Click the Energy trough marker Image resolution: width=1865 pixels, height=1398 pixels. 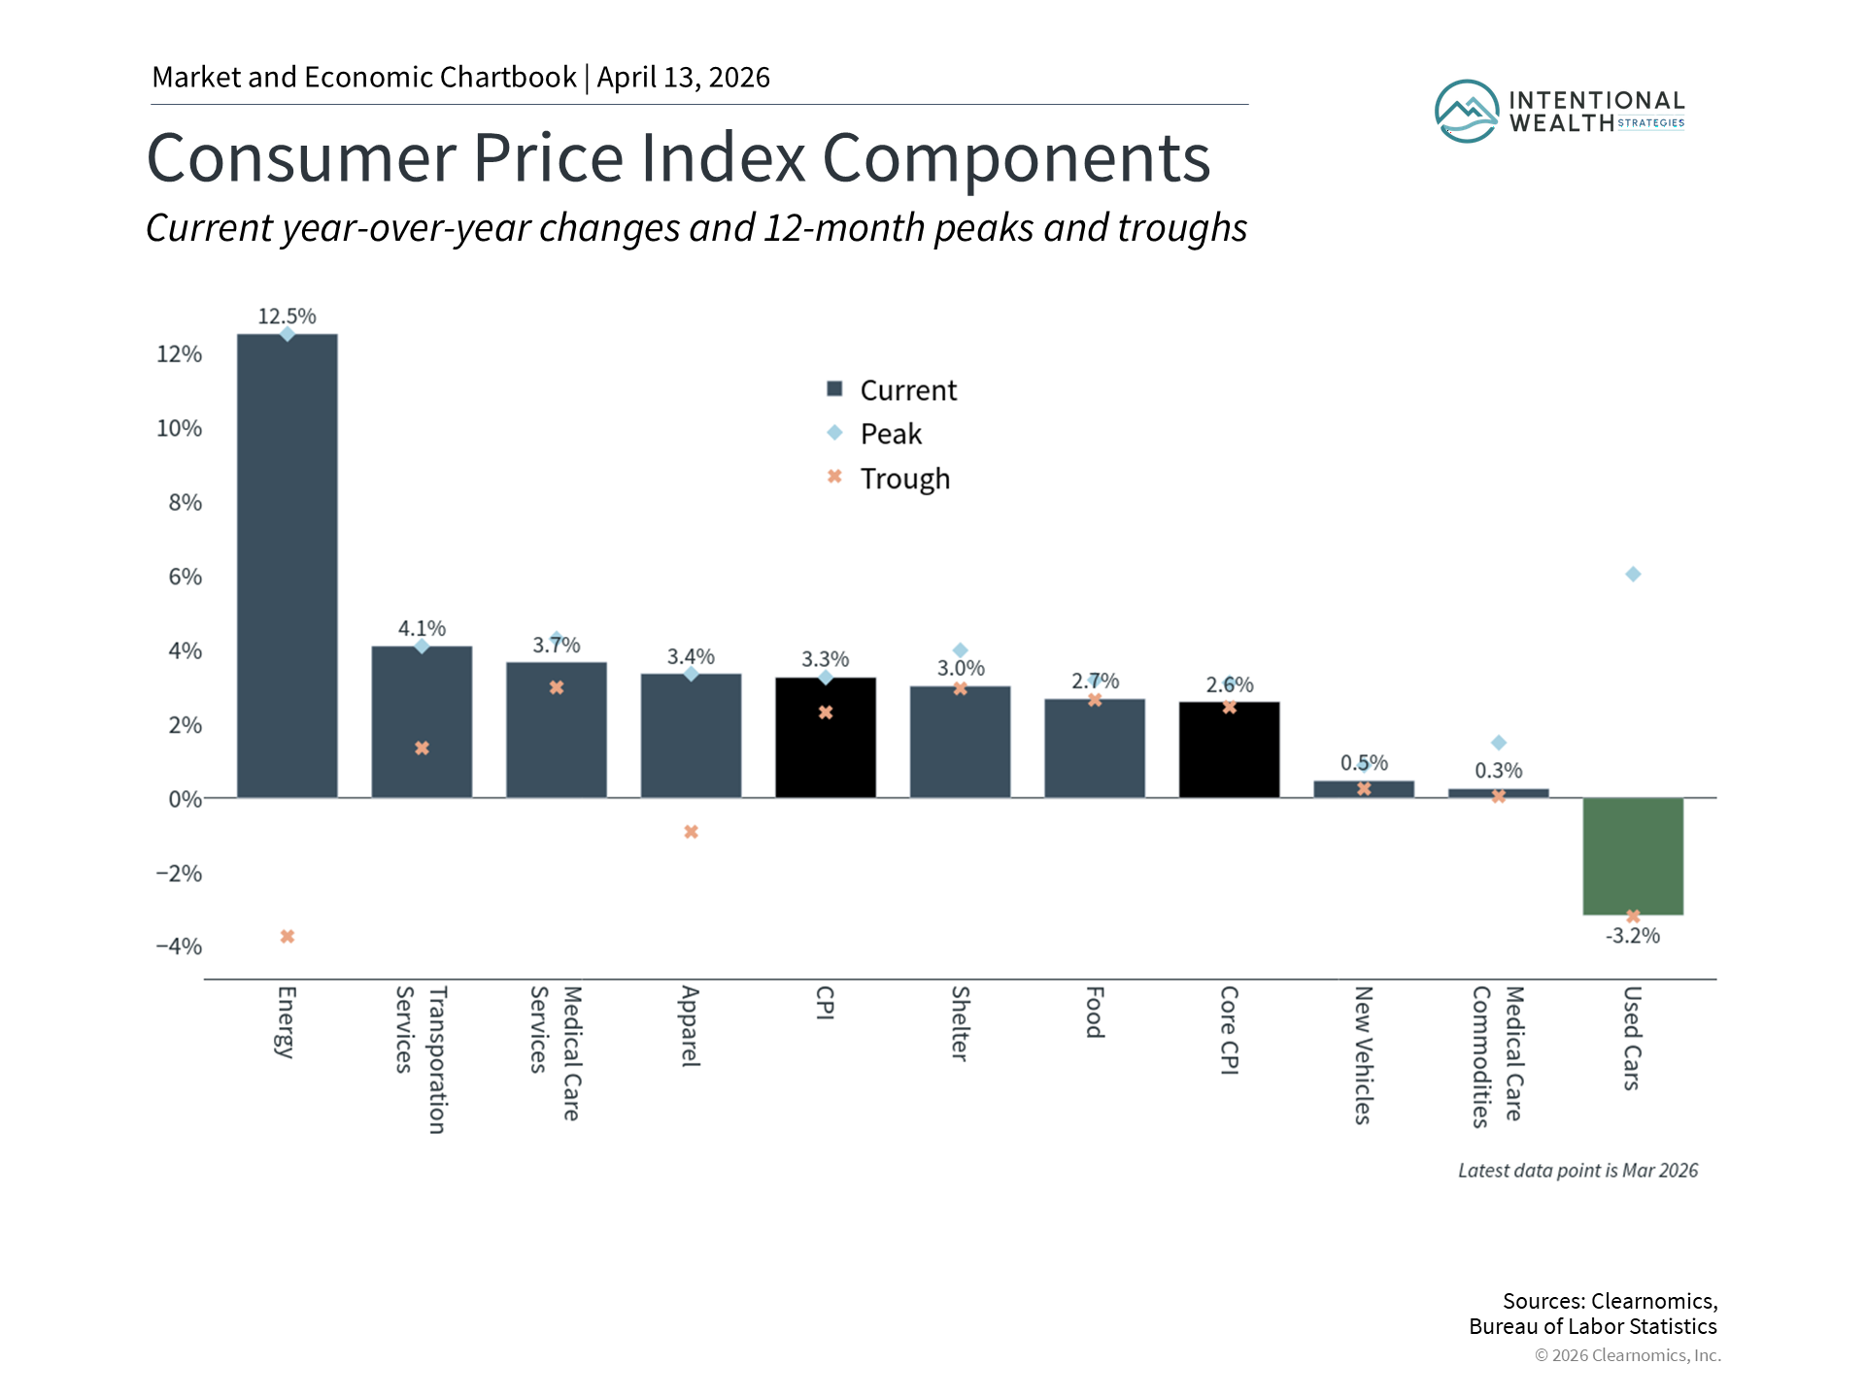(x=288, y=937)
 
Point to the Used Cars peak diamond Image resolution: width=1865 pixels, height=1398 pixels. (x=1633, y=575)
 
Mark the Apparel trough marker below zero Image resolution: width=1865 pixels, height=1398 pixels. (x=691, y=832)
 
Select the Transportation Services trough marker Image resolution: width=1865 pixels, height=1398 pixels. (x=422, y=749)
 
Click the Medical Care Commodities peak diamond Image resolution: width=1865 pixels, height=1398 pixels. (x=1499, y=743)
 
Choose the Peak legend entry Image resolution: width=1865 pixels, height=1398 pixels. (x=891, y=434)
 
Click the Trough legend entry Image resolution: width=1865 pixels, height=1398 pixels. (x=904, y=479)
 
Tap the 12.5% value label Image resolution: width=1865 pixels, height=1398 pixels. (x=287, y=316)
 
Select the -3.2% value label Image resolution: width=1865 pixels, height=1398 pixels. (x=1633, y=936)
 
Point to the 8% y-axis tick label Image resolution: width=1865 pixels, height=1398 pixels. (x=185, y=503)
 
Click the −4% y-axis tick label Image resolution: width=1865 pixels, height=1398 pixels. (x=180, y=947)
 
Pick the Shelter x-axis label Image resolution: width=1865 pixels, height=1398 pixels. (x=960, y=1024)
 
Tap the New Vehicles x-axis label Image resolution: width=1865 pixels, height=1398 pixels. (x=1363, y=1055)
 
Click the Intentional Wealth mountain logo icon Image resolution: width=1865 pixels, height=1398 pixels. (x=1467, y=112)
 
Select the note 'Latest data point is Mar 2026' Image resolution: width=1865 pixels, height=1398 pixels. (x=1577, y=1171)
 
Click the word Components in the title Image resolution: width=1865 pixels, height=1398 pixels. (x=1016, y=158)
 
